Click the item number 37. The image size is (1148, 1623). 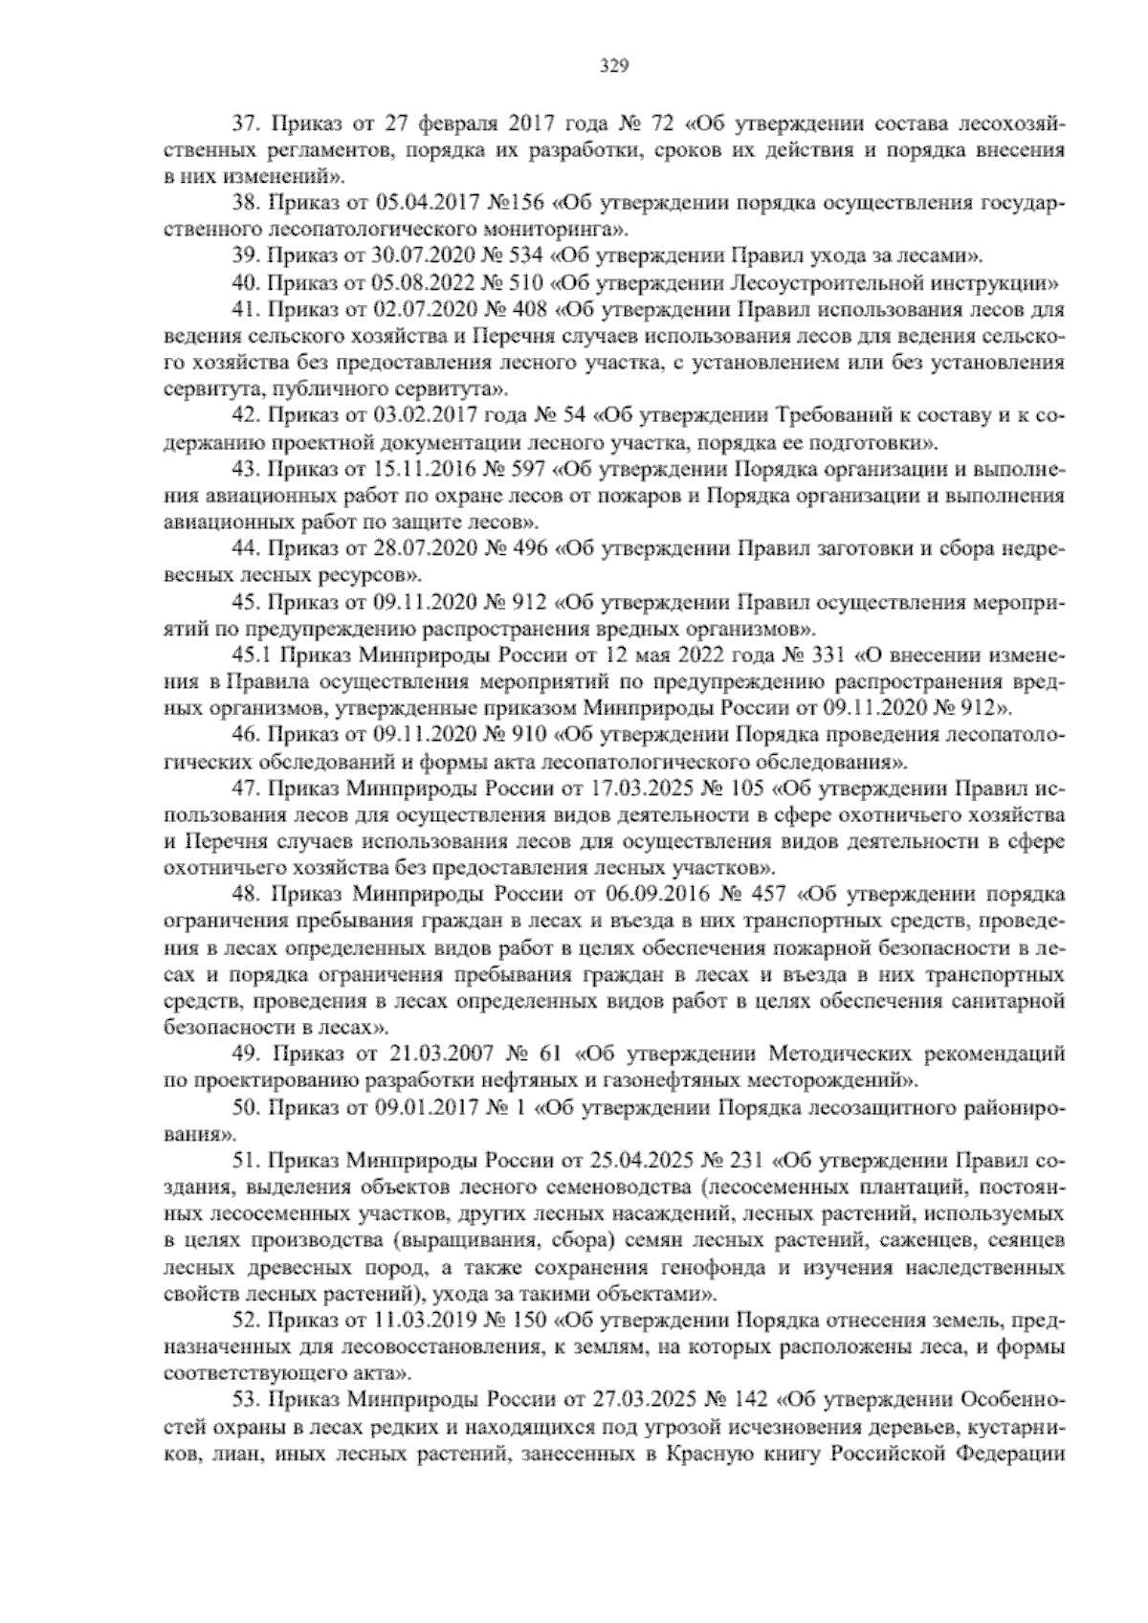(246, 124)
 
